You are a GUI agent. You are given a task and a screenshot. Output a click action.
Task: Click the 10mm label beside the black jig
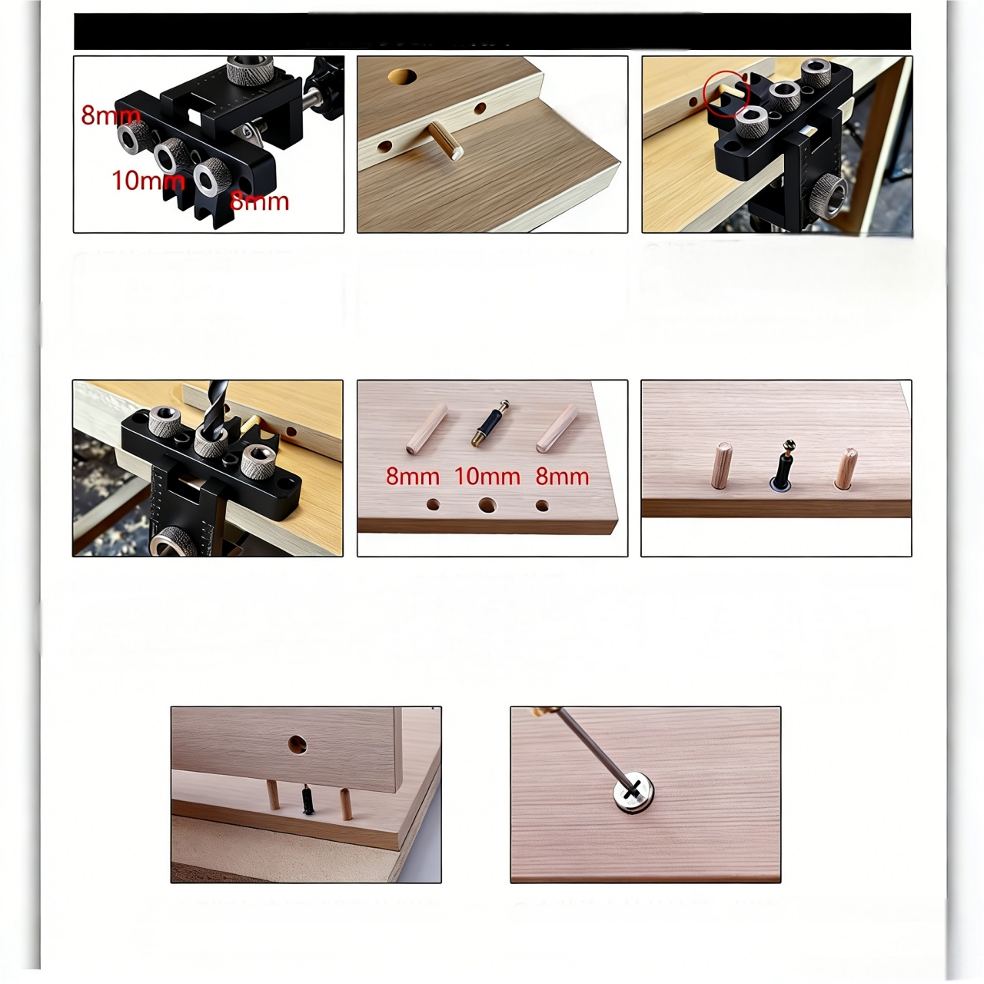click(148, 180)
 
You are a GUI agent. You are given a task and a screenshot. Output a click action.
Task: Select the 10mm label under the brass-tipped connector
click(487, 477)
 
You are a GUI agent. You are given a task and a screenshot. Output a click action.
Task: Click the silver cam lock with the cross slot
click(633, 792)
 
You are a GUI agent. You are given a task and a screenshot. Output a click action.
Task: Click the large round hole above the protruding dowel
click(402, 76)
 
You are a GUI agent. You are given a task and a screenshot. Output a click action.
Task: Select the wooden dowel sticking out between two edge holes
click(445, 141)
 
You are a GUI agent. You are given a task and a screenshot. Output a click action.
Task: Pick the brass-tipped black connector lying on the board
click(490, 424)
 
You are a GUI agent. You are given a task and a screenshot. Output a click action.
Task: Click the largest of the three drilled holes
click(487, 506)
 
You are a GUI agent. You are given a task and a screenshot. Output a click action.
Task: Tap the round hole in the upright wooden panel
click(297, 744)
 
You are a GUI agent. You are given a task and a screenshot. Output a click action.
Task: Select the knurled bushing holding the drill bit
click(214, 443)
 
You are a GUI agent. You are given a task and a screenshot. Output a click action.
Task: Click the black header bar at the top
click(492, 32)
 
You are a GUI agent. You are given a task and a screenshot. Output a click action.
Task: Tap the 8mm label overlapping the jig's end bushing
click(111, 115)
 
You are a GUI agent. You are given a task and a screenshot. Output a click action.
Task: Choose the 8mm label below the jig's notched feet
click(259, 201)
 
